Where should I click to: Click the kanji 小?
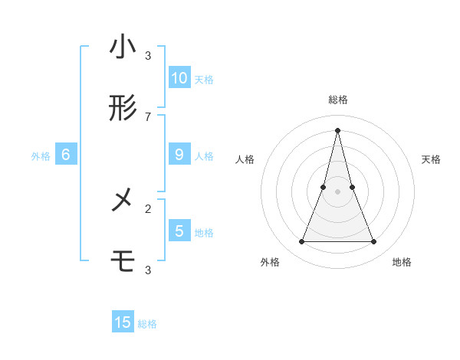pyautogui.click(x=123, y=47)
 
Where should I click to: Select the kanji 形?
pyautogui.click(x=123, y=110)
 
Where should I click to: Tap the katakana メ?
pyautogui.click(x=123, y=201)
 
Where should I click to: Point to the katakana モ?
pyautogui.click(x=123, y=262)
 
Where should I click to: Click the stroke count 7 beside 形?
pyautogui.click(x=148, y=116)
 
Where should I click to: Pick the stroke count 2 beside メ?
pyautogui.click(x=148, y=208)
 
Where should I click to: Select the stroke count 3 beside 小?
pyautogui.click(x=148, y=56)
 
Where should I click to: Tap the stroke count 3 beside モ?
pyautogui.click(x=148, y=270)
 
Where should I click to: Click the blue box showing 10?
pyautogui.click(x=179, y=77)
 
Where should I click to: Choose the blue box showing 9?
pyautogui.click(x=179, y=154)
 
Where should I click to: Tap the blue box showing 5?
pyautogui.click(x=179, y=231)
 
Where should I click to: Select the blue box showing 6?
pyautogui.click(x=66, y=154)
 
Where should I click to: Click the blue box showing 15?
pyautogui.click(x=123, y=322)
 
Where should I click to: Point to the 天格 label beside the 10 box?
pyautogui.click(x=204, y=79)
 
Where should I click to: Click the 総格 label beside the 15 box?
pyautogui.click(x=147, y=324)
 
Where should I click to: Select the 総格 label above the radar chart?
pyautogui.click(x=337, y=100)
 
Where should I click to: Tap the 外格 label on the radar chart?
pyautogui.click(x=270, y=262)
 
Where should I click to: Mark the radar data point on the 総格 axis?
pyautogui.click(x=337, y=130)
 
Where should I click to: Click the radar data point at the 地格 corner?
pyautogui.click(x=374, y=242)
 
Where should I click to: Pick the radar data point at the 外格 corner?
pyautogui.click(x=301, y=242)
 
